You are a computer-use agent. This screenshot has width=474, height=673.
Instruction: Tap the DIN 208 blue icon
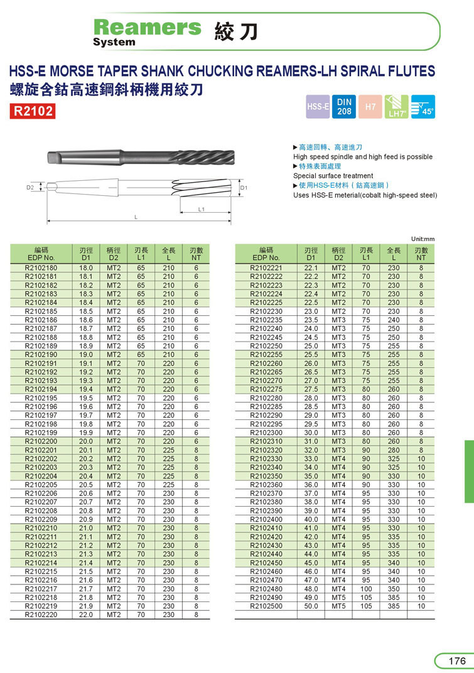(345, 106)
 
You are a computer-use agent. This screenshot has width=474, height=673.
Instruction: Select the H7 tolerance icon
(370, 107)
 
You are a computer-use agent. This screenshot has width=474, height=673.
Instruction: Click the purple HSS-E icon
(318, 107)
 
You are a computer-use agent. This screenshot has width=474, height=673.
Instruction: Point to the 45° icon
(423, 106)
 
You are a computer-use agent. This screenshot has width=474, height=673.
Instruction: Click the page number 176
(456, 661)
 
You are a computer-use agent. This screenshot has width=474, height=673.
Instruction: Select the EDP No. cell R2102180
(41, 268)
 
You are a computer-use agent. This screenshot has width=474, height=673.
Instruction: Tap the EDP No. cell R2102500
(266, 606)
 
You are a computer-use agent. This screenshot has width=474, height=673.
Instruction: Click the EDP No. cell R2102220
(41, 615)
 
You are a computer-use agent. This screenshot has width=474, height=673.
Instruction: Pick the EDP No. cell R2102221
(266, 268)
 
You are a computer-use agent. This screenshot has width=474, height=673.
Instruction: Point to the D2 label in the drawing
(30, 187)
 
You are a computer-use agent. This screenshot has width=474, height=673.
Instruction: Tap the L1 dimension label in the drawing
(202, 209)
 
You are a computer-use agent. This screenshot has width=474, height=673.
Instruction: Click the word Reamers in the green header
(147, 27)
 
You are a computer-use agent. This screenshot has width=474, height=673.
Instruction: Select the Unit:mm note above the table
(423, 239)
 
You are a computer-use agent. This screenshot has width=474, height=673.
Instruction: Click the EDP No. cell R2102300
(266, 433)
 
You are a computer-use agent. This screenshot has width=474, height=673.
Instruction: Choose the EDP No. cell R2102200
(41, 442)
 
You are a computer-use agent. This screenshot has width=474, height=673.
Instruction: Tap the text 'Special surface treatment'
(333, 176)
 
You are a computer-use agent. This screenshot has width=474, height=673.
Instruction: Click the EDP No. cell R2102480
(266, 589)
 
